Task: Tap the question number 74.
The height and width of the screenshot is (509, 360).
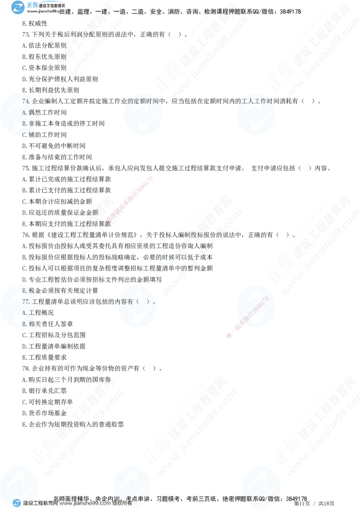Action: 26,101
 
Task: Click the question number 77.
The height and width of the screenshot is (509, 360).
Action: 26,302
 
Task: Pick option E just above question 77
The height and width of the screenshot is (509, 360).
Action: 25,291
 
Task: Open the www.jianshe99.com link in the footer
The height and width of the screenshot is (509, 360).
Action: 85,504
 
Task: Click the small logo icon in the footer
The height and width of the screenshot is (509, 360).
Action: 17,503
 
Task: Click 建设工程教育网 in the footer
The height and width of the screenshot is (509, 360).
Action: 40,504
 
